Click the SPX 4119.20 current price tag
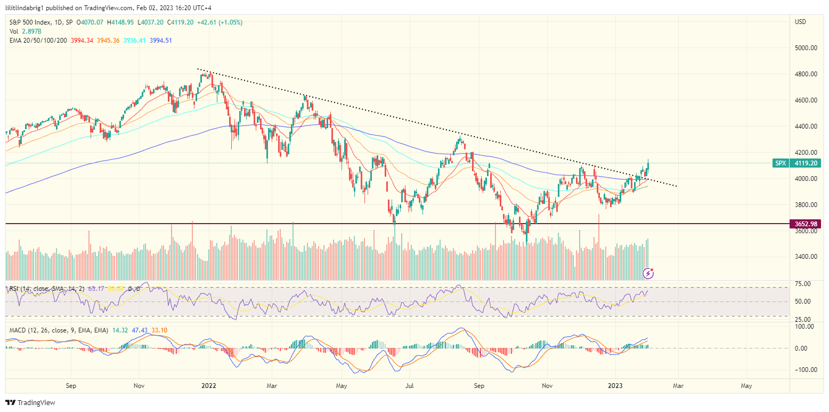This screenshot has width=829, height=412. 797,163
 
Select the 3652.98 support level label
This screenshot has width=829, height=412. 804,224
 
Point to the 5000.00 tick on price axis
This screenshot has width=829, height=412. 806,48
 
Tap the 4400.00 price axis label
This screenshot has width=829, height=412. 806,126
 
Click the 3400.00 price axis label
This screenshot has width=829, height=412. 806,257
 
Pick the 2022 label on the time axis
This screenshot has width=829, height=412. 208,385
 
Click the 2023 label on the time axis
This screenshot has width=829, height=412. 615,385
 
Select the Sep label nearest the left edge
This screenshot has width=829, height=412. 72,385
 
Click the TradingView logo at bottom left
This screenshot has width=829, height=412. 30,402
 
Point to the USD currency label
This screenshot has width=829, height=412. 800,22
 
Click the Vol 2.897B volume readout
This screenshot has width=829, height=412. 26,31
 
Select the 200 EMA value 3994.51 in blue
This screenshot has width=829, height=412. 161,41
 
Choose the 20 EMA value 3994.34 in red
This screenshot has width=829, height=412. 82,41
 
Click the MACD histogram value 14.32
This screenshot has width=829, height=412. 117,330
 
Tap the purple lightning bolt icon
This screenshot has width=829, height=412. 648,274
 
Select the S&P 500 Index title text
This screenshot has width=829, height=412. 30,22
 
